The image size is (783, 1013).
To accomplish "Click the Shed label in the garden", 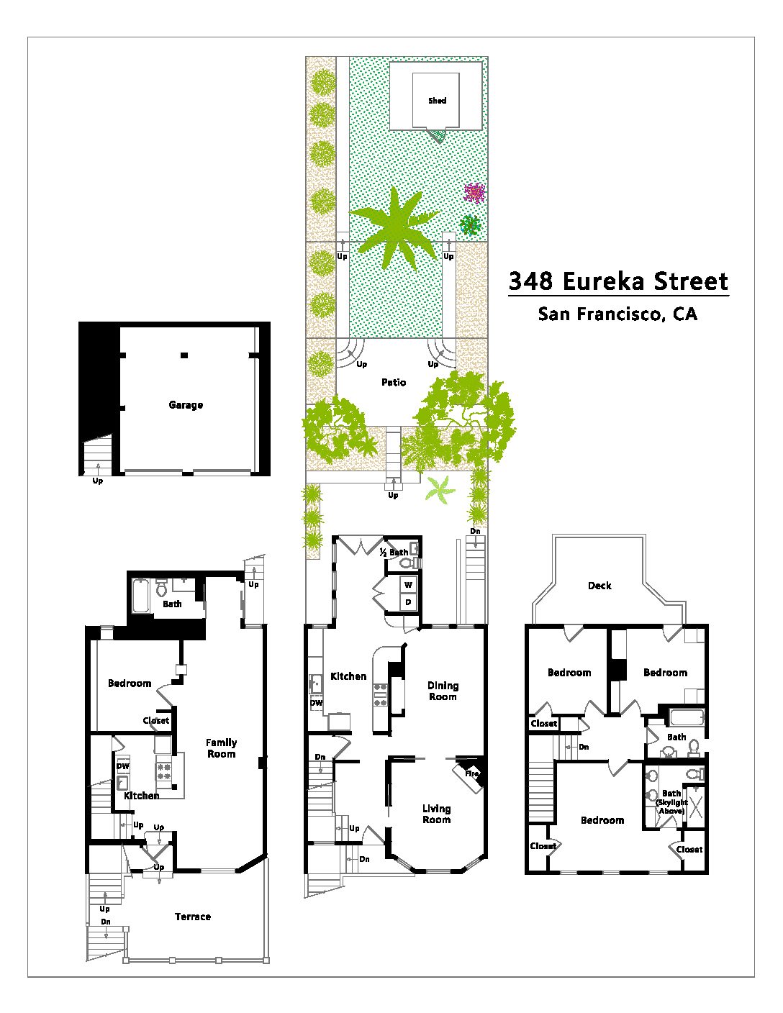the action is (x=437, y=100).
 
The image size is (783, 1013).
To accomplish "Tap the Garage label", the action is (x=186, y=404).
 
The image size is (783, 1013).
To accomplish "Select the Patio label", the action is (x=394, y=382).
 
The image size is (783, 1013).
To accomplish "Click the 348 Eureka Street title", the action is (x=618, y=281).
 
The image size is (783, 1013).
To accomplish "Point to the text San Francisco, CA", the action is (x=618, y=314).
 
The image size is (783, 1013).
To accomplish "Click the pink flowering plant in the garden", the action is (x=474, y=193).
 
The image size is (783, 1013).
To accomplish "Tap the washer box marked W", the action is (x=409, y=585).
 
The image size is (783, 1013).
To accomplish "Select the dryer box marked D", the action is (x=409, y=602).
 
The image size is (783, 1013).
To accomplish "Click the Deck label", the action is (x=599, y=586).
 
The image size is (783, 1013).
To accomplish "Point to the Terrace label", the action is (x=193, y=917).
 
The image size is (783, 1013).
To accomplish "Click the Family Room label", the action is (x=221, y=748).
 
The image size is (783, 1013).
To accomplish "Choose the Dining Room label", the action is (x=443, y=691).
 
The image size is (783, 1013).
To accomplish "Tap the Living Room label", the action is (x=437, y=814).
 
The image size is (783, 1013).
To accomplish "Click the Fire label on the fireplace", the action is (x=471, y=773).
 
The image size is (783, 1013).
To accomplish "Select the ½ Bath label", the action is (x=394, y=553).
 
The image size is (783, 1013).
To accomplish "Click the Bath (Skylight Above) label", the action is (x=671, y=801).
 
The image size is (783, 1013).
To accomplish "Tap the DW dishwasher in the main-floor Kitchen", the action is (x=316, y=703).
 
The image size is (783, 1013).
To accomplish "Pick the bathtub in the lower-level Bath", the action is (x=140, y=596).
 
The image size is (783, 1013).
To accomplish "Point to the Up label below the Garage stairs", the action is (x=97, y=481).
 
